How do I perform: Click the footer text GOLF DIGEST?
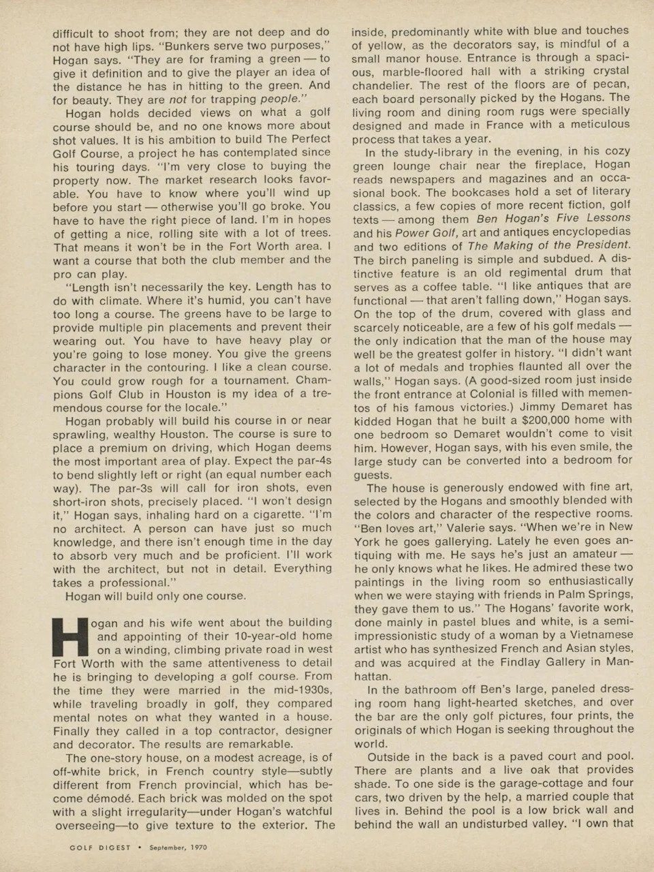tap(91, 848)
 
